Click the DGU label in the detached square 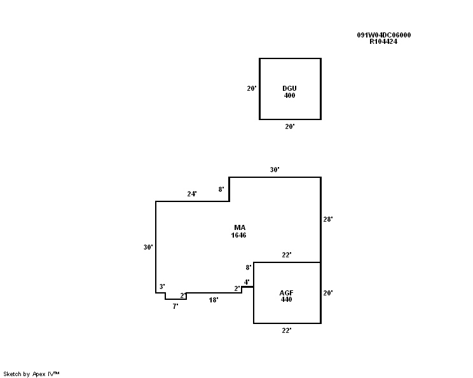tap(289, 88)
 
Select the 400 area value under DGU tap(289, 95)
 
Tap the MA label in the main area tap(240, 227)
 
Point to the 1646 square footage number tap(238, 235)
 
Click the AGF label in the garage tap(286, 293)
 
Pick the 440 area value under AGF tap(286, 299)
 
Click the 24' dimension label tap(192, 194)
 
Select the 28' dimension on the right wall tap(328, 219)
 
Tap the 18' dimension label tap(214, 300)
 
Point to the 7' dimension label tap(175, 307)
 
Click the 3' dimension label tap(162, 287)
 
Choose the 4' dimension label tap(247, 282)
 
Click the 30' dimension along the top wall tap(275, 170)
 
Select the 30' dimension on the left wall tap(148, 247)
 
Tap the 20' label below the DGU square tap(290, 126)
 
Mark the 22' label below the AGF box tap(287, 331)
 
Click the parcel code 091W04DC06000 tap(384, 35)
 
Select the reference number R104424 tap(383, 41)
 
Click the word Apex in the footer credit tap(39, 374)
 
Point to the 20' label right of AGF tap(328, 293)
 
